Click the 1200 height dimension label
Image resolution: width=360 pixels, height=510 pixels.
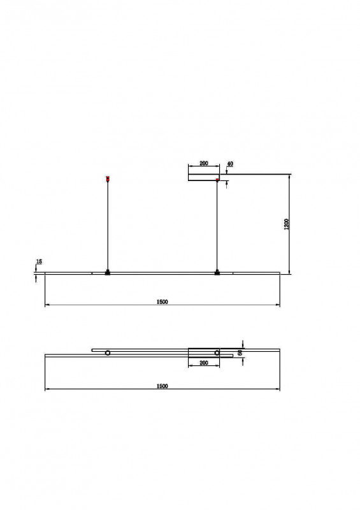[287, 224]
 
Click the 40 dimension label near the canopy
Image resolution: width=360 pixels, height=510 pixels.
[230, 164]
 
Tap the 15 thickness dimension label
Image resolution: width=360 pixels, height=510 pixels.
[39, 261]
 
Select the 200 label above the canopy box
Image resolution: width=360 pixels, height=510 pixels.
[204, 163]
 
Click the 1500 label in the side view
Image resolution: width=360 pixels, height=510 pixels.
[162, 302]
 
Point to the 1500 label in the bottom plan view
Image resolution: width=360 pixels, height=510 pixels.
[162, 386]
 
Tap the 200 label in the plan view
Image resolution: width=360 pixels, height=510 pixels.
[204, 363]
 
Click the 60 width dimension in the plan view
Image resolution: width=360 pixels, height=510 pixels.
[240, 353]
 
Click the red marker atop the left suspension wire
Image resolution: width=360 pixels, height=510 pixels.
[108, 178]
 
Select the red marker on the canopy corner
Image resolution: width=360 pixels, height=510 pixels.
[217, 180]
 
